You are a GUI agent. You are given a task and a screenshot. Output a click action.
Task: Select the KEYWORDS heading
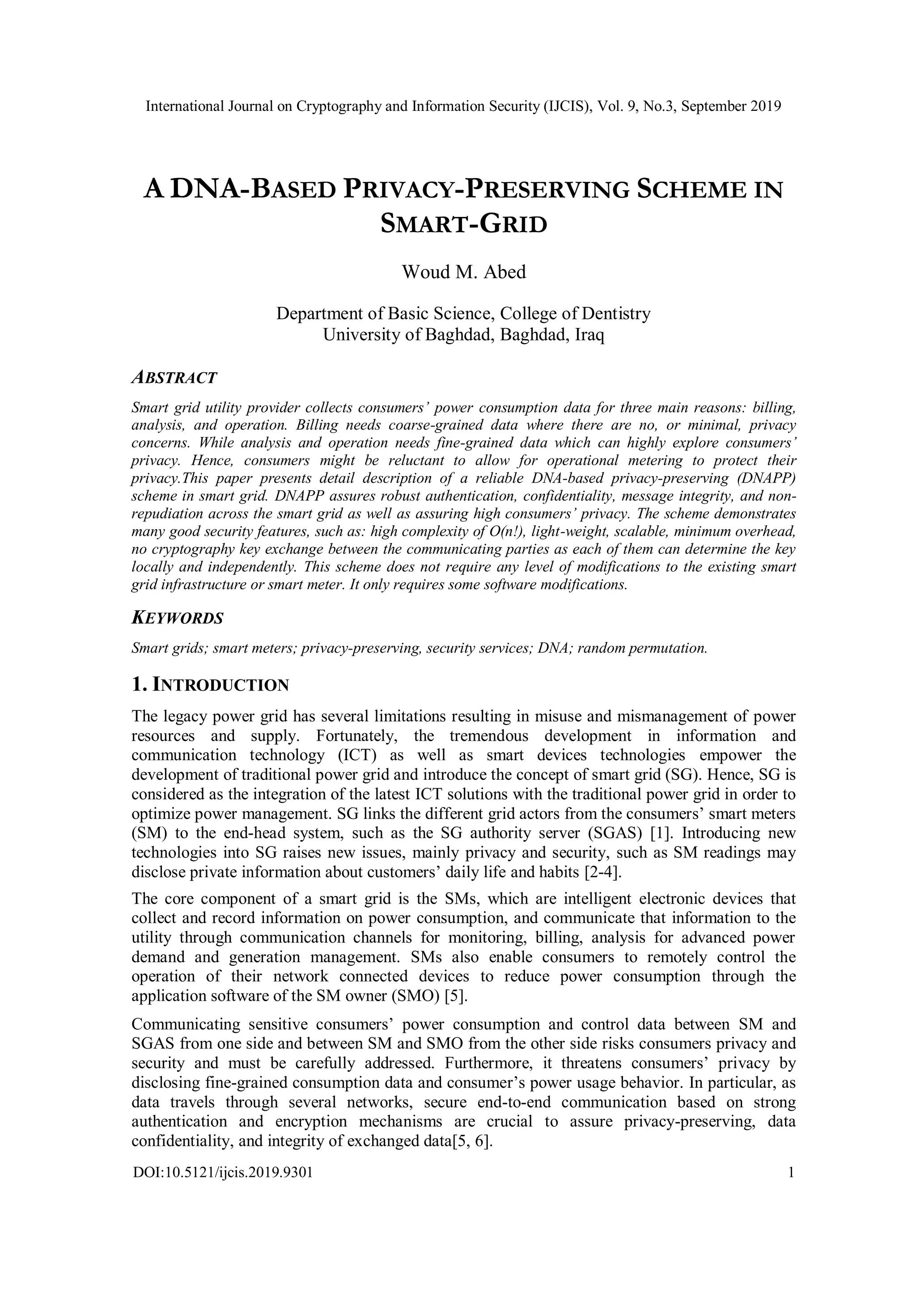click(177, 618)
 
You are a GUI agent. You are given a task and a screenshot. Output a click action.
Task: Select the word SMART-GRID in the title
click(464, 225)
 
